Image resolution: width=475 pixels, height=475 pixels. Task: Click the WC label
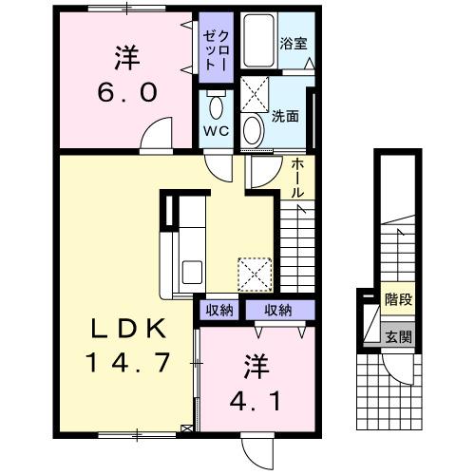[214, 132]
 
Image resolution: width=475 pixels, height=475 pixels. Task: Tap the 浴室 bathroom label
[292, 44]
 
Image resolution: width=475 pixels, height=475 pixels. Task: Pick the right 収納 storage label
[278, 310]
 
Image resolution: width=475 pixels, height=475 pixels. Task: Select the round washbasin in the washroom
[254, 128]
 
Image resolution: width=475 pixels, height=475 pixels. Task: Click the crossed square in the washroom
[254, 95]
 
